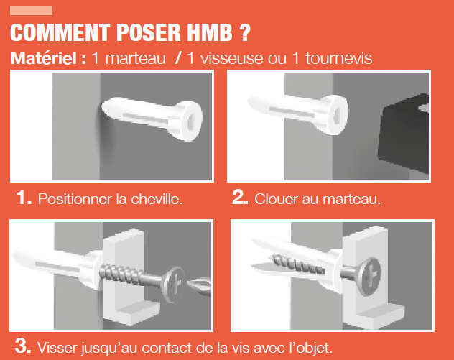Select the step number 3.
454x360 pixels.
(23, 347)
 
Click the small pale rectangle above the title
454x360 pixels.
(31, 10)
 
